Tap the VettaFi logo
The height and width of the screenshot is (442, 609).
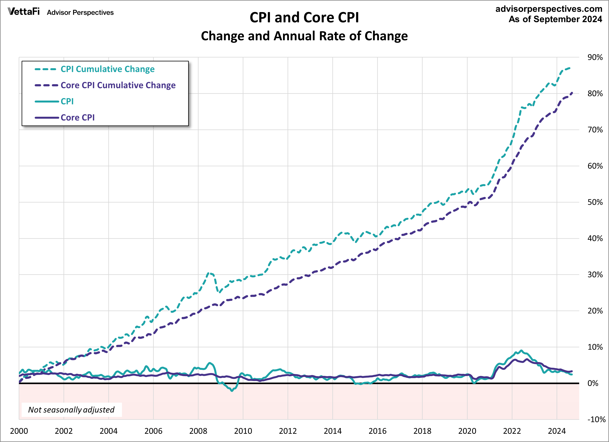click(x=24, y=11)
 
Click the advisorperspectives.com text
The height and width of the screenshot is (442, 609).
click(x=549, y=9)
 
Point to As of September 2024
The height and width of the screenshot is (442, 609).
click(x=555, y=19)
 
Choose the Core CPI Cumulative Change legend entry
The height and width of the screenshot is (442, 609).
click(x=118, y=85)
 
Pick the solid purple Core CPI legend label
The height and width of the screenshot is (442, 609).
click(x=78, y=118)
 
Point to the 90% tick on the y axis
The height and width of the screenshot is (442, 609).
click(x=595, y=57)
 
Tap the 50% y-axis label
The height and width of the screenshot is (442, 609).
click(x=595, y=202)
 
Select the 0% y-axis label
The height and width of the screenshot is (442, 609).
click(x=593, y=383)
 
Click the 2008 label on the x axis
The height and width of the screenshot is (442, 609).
click(x=198, y=431)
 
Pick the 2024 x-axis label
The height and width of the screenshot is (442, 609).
click(x=557, y=431)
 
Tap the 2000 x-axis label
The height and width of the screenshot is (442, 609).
click(x=19, y=431)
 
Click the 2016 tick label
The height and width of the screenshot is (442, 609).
click(x=377, y=431)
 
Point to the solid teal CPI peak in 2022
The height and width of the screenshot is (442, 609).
click(x=521, y=351)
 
